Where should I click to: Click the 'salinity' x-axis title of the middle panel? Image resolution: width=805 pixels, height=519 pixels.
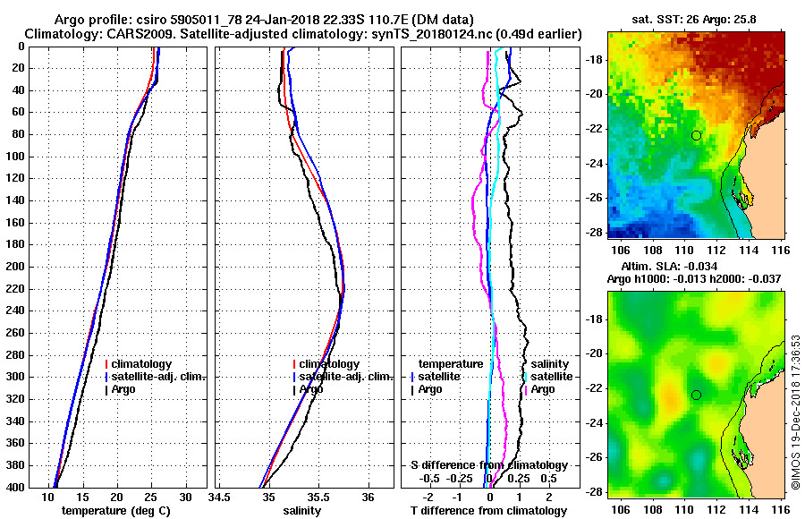pyautogui.click(x=303, y=511)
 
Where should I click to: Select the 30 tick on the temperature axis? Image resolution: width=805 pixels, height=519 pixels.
pyautogui.click(x=186, y=497)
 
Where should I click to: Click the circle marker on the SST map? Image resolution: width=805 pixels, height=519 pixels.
pyautogui.click(x=696, y=135)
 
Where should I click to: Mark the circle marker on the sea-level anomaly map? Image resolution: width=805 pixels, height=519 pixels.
pyautogui.click(x=696, y=395)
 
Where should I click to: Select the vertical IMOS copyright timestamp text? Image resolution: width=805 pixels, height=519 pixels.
pyautogui.click(x=795, y=413)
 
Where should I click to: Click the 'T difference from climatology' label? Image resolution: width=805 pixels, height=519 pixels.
pyautogui.click(x=488, y=511)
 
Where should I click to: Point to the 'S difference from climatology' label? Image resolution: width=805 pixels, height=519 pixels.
pyautogui.click(x=488, y=465)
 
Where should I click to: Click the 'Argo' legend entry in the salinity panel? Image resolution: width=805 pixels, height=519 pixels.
pyautogui.click(x=311, y=389)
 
